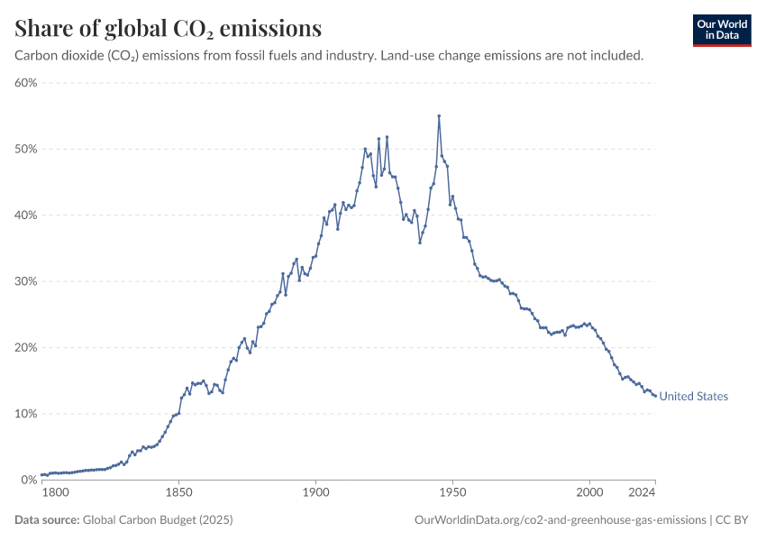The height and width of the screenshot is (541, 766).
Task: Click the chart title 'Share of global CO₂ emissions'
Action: (x=169, y=29)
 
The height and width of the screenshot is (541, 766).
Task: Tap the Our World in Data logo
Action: (x=721, y=30)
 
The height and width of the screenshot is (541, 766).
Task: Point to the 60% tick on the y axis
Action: (x=25, y=83)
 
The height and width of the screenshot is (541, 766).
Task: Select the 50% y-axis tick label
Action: (x=25, y=149)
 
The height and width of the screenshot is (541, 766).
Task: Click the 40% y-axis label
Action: (x=25, y=215)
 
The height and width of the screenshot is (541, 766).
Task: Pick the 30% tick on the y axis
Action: (x=25, y=281)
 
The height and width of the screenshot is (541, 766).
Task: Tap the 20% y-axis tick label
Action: (x=25, y=348)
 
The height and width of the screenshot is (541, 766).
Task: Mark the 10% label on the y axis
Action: (x=25, y=414)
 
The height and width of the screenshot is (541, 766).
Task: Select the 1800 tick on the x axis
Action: (x=55, y=494)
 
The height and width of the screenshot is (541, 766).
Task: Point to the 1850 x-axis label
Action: (x=178, y=494)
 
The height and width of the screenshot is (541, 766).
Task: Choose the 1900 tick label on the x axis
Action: (x=315, y=494)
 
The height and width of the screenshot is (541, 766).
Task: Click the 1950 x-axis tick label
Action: (x=452, y=494)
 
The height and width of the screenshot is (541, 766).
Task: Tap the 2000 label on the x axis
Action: (x=589, y=494)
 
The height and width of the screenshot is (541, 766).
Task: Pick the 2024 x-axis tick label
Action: (x=642, y=494)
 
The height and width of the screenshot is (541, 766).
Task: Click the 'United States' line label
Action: (x=694, y=397)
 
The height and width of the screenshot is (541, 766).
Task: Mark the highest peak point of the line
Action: (x=439, y=115)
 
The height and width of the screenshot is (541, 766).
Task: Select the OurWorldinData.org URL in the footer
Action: (x=560, y=520)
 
